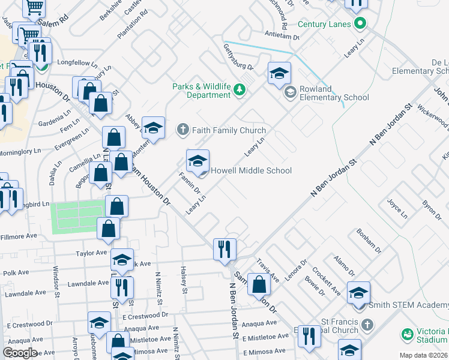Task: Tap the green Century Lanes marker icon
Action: click(x=360, y=25)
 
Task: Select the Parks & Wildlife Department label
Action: click(x=201, y=91)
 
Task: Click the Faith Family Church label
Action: click(x=229, y=130)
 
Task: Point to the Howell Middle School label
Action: click(x=251, y=170)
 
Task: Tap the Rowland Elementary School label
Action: click(x=334, y=92)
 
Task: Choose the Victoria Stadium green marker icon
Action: click(x=408, y=333)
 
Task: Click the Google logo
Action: click(x=20, y=353)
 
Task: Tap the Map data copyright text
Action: click(x=423, y=355)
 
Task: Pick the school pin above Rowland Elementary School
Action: click(x=279, y=73)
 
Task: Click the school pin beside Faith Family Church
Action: click(x=153, y=127)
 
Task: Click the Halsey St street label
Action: click(x=182, y=280)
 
